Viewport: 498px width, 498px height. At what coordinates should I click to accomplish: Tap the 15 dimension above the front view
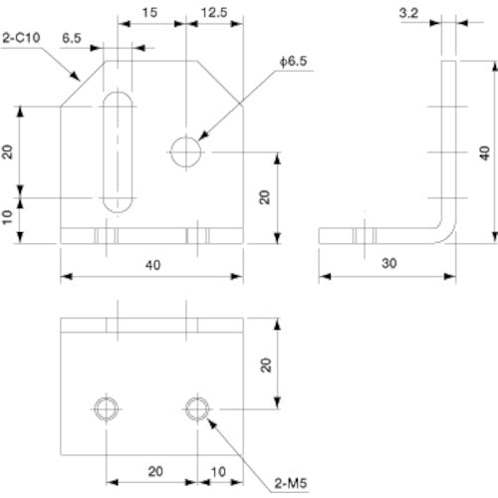coord(149,12)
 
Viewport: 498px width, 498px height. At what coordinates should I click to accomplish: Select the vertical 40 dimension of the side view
coord(485,151)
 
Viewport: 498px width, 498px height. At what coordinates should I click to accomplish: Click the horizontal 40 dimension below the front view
coord(151,265)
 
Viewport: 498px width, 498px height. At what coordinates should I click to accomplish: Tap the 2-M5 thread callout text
coord(290,485)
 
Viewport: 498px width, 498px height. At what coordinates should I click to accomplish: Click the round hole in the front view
coord(186,152)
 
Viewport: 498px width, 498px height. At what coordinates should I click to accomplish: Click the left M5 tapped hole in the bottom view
coord(106,407)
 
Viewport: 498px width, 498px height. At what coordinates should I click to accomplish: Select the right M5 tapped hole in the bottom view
coord(197,407)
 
